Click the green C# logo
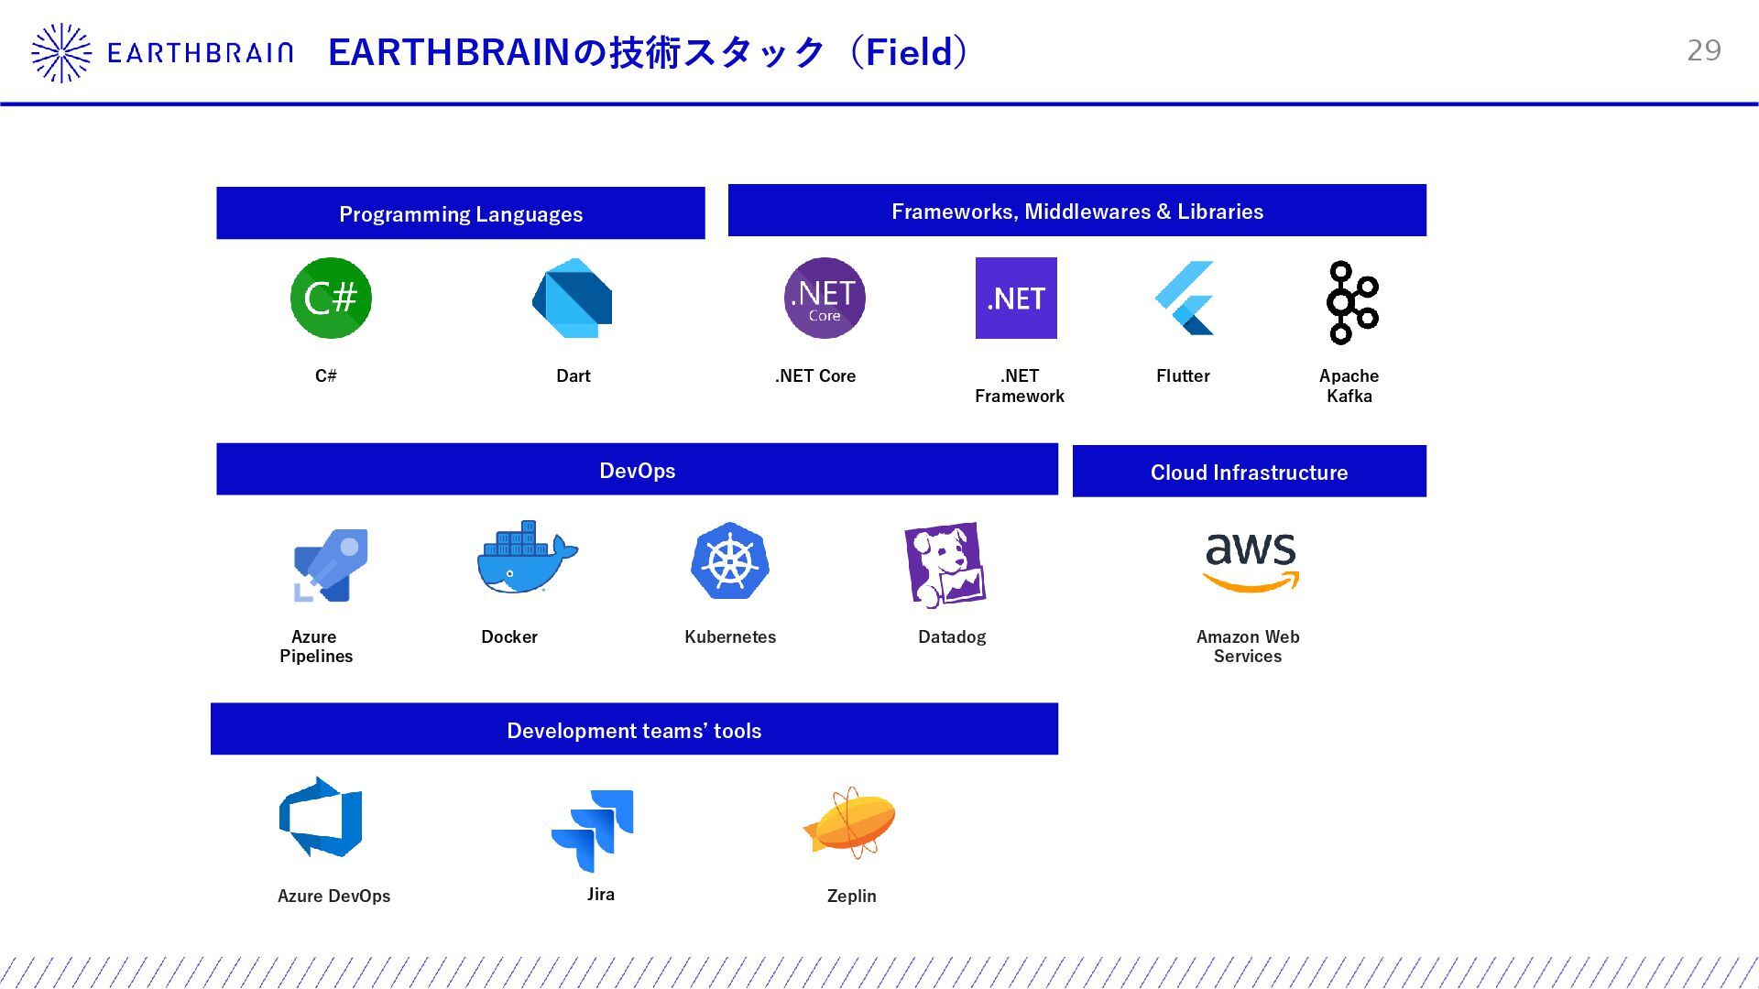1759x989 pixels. pos(331,299)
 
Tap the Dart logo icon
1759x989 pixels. pos(573,299)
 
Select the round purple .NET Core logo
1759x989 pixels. pos(825,299)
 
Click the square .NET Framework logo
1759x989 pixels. pos(1016,299)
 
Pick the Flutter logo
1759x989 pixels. pos(1185,299)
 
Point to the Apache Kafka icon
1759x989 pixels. pos(1351,302)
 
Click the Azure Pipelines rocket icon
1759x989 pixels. pos(331,565)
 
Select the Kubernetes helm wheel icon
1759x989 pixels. pos(730,561)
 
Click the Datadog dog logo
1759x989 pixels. pos(945,565)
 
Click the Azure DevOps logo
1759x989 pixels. pos(321,817)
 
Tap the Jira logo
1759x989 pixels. pos(593,831)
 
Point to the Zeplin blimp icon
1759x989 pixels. pos(850,822)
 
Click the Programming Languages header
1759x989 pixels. pos(461,214)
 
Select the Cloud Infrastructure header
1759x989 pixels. pos(1249,473)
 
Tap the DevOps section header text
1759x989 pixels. pos(638,471)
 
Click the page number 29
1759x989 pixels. pos(1704,50)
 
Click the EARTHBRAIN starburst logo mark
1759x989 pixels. pos(61,53)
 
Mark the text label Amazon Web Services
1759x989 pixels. pos(1248,647)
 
